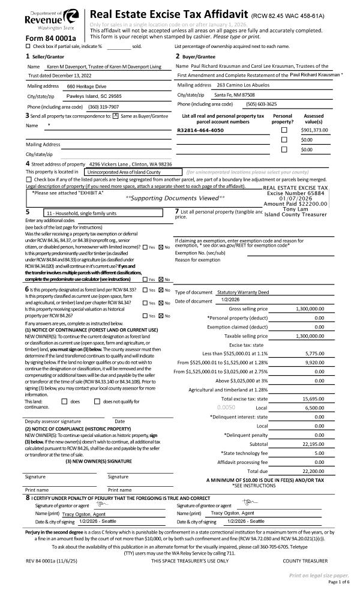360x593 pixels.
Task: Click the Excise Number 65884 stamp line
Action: coord(295,193)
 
